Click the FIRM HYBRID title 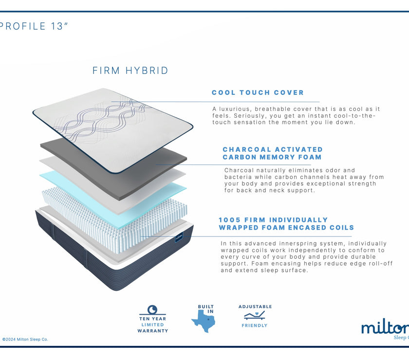click(x=130, y=71)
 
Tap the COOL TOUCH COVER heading click(x=258, y=92)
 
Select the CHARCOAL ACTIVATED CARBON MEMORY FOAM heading click(x=273, y=153)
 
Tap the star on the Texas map click(x=208, y=319)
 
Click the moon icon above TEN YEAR click(x=152, y=310)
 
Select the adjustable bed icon click(x=254, y=315)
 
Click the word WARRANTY click(x=152, y=331)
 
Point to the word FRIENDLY click(x=255, y=325)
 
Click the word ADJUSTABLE click(x=255, y=306)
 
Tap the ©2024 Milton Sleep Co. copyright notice click(x=25, y=340)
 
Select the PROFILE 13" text click(x=34, y=26)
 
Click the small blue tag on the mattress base click(x=179, y=237)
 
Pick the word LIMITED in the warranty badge click(x=152, y=325)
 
